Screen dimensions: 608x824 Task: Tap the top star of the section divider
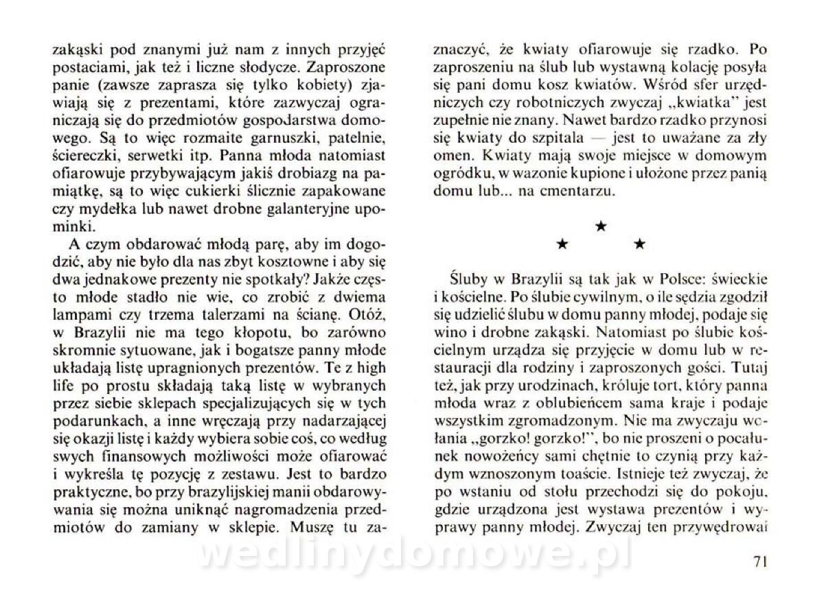[x=601, y=226]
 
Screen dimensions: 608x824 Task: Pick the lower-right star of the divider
[x=639, y=243]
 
